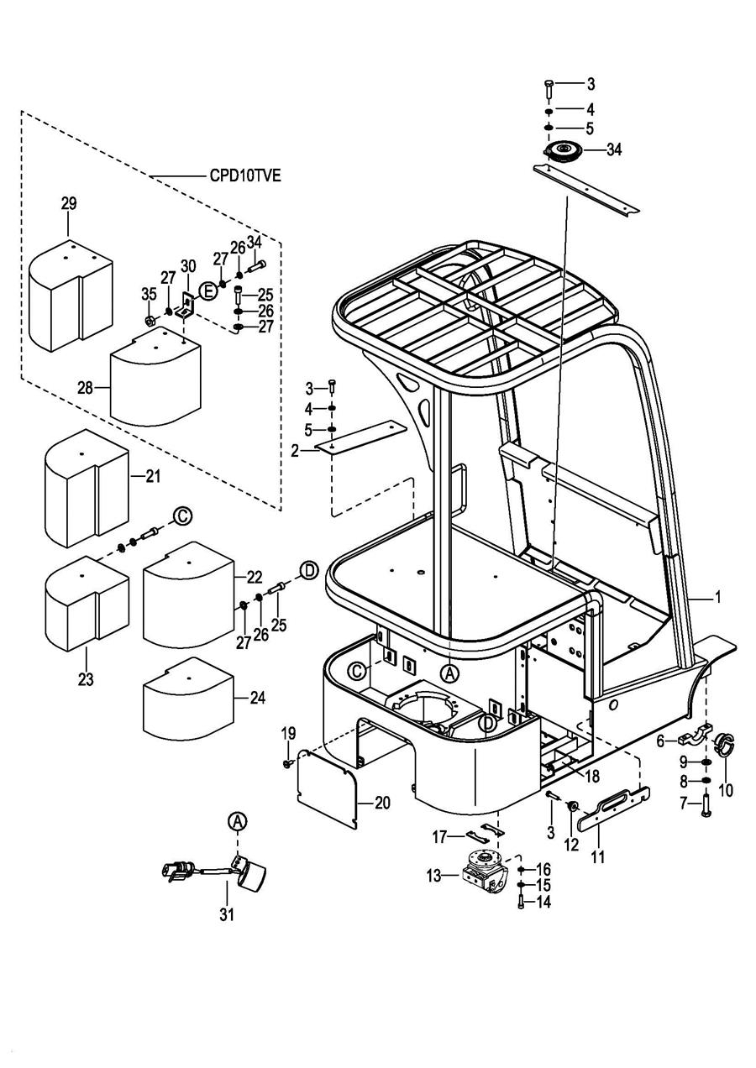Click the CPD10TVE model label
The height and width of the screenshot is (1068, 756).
coord(245,176)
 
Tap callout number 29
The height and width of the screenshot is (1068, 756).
coord(69,204)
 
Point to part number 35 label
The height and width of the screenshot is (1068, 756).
coord(149,294)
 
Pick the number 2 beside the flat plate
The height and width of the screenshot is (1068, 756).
coord(295,451)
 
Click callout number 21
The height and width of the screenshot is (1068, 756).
coord(152,476)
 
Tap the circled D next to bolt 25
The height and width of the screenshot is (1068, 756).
coord(308,571)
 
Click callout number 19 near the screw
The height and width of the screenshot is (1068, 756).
coord(288,733)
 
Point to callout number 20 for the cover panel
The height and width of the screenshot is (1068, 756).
coord(382,804)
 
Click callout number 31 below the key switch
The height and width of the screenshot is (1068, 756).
coord(227,914)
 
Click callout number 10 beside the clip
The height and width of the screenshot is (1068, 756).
coord(725,789)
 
